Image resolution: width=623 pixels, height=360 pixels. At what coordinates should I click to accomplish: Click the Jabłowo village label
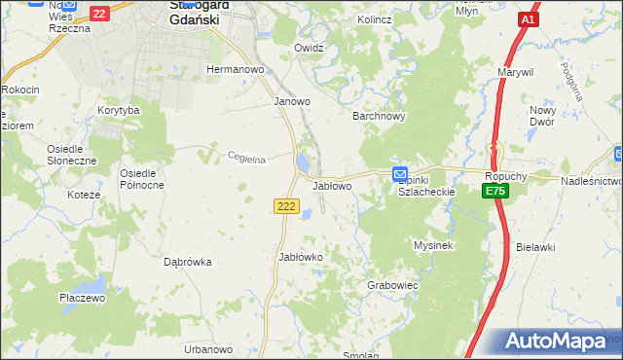click(x=332, y=185)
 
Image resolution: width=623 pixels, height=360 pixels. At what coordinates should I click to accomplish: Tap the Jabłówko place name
click(x=300, y=257)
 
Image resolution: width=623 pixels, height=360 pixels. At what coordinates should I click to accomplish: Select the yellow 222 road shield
click(x=284, y=206)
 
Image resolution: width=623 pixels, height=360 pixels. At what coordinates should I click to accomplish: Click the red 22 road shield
click(x=99, y=14)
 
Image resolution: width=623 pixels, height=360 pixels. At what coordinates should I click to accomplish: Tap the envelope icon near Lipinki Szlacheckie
click(x=400, y=174)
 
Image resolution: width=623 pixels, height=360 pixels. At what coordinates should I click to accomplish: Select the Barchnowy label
click(x=378, y=115)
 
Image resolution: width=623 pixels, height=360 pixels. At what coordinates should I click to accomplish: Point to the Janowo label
click(x=291, y=100)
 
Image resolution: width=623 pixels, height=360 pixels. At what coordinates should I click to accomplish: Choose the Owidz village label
click(x=308, y=47)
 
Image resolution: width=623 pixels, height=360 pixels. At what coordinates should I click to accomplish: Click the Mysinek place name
click(x=434, y=245)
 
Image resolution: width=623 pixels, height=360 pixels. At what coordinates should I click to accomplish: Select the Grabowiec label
click(x=392, y=286)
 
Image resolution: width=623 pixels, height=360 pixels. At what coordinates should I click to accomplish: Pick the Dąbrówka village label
click(x=188, y=261)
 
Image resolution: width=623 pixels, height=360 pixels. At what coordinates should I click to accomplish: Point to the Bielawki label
click(x=542, y=247)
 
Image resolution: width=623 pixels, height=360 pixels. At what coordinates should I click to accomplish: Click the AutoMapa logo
click(x=555, y=342)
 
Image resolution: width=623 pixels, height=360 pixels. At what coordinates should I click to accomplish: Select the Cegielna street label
click(x=246, y=158)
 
